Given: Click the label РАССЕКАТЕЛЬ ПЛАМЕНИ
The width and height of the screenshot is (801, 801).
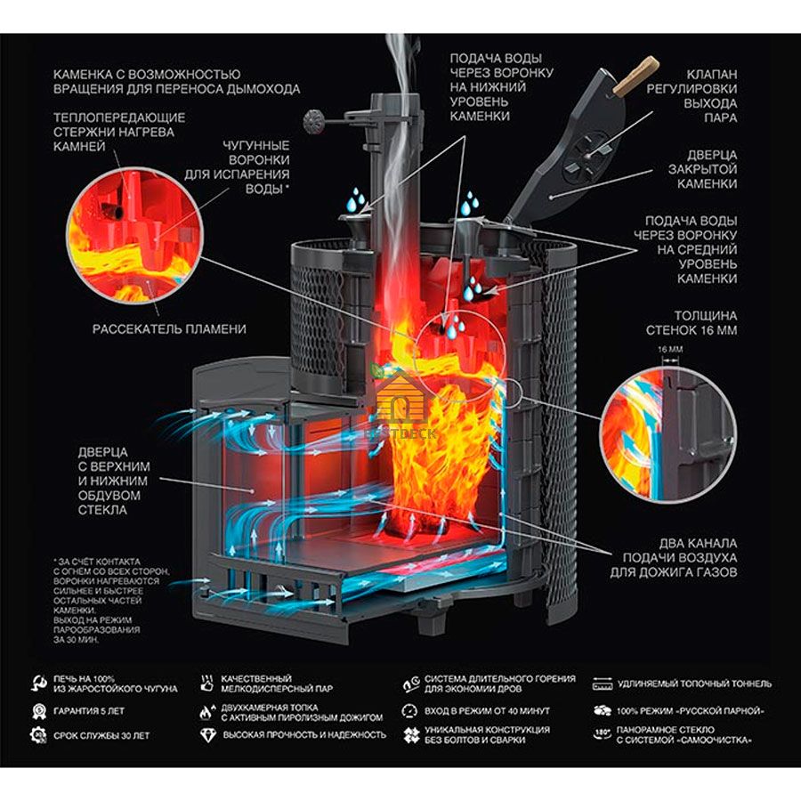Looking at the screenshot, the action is (169, 328).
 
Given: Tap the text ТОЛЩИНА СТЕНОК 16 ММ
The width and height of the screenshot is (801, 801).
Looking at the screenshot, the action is (692, 323).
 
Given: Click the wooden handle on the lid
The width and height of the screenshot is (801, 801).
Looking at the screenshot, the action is (635, 77).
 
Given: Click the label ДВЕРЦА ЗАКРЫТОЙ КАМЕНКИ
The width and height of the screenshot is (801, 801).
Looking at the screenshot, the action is (702, 169).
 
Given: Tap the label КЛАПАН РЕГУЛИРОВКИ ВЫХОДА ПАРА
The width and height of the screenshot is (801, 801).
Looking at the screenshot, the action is (692, 96).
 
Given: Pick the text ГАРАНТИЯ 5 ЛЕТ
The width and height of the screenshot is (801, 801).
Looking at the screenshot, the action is (89, 711).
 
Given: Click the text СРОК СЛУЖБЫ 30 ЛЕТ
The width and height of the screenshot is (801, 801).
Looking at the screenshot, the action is (101, 736).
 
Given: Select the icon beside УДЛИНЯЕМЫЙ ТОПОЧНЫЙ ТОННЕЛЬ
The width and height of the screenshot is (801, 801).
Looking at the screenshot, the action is (603, 684).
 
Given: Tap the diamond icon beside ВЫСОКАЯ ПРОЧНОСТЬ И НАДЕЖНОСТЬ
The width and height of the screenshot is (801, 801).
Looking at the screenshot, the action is (208, 735).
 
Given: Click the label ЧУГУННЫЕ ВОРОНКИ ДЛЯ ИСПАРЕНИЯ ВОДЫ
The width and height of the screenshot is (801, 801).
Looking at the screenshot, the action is (237, 167).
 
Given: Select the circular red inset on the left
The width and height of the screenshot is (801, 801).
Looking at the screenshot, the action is (136, 236).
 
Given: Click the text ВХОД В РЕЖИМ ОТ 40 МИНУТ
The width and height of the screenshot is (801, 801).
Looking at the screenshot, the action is (487, 710).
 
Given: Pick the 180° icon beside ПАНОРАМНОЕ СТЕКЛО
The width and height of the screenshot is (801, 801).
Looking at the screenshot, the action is (603, 734).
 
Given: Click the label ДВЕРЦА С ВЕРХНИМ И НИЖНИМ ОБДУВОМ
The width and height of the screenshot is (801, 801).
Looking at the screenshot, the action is (114, 481).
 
